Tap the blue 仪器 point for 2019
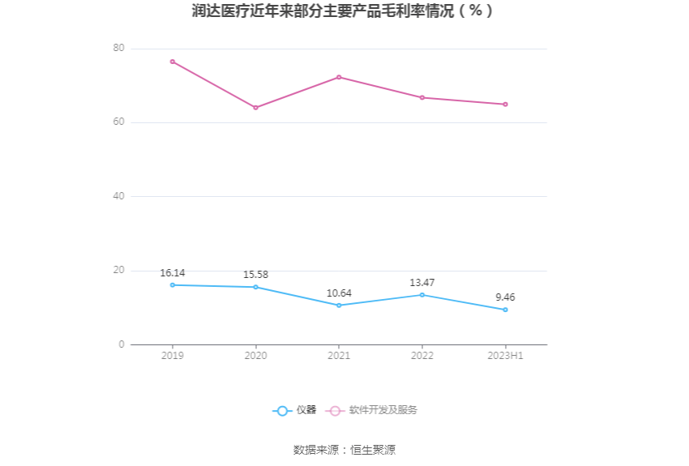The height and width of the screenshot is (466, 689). coord(173,284)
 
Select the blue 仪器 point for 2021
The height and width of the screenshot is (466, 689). coord(339,306)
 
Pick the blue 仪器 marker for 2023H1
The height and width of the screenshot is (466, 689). coord(505,310)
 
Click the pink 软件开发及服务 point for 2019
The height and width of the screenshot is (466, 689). coord(173,62)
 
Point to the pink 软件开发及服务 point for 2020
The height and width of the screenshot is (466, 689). coord(255,108)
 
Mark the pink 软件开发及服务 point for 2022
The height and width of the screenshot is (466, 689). coord(422,97)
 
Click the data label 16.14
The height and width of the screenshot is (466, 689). coord(173,273)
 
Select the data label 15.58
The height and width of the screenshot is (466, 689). coord(255,275)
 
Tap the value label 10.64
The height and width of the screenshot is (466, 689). coord(339,293)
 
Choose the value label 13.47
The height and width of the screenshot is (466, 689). coord(422,283)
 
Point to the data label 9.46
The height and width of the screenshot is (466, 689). coord(505,297)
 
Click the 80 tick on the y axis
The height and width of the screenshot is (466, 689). coord(119,49)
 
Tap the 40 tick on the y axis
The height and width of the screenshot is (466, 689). coord(119,196)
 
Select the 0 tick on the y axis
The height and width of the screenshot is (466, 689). coord(122,344)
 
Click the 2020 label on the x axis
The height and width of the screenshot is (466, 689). coord(255,356)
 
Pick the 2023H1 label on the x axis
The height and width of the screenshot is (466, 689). coord(505,356)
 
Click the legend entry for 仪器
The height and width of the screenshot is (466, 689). coord(295,410)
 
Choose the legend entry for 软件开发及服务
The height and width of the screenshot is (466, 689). coord(373,410)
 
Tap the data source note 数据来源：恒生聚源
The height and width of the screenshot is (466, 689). coord(344,450)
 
